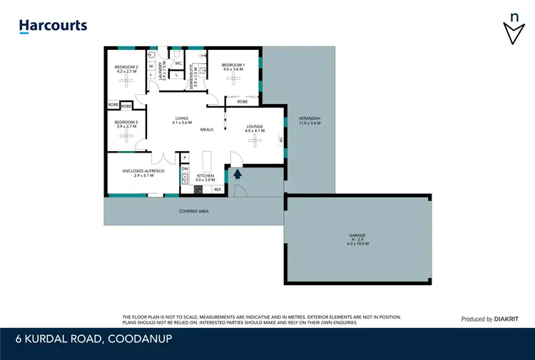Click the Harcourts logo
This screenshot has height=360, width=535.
point(53,26)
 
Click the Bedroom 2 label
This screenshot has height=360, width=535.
point(126,69)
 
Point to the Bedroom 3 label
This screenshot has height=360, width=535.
point(126,124)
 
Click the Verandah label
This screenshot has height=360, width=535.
point(310,120)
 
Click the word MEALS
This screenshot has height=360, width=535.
point(207,130)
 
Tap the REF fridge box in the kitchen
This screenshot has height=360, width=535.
point(217,189)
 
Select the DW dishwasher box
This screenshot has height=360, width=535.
point(185,169)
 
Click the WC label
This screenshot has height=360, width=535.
point(178,63)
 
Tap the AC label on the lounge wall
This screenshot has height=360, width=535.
point(282,140)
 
